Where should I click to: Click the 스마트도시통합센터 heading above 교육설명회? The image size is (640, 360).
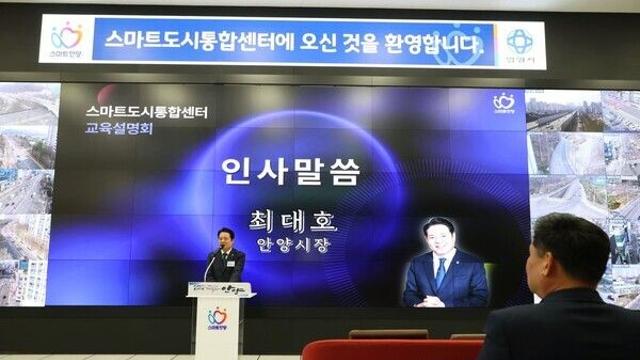tap(146, 112)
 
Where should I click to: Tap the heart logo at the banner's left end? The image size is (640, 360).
tap(66, 37)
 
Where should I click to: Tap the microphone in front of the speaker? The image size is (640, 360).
tap(212, 262)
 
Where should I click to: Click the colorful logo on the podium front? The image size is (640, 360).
tap(217, 317)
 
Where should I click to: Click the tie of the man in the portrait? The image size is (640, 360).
tap(441, 271)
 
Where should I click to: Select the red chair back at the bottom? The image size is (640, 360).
tap(390, 349)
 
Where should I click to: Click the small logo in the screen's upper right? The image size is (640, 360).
tap(504, 103)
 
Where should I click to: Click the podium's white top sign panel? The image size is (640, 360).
tap(220, 289)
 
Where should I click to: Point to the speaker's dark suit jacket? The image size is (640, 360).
tap(228, 267)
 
